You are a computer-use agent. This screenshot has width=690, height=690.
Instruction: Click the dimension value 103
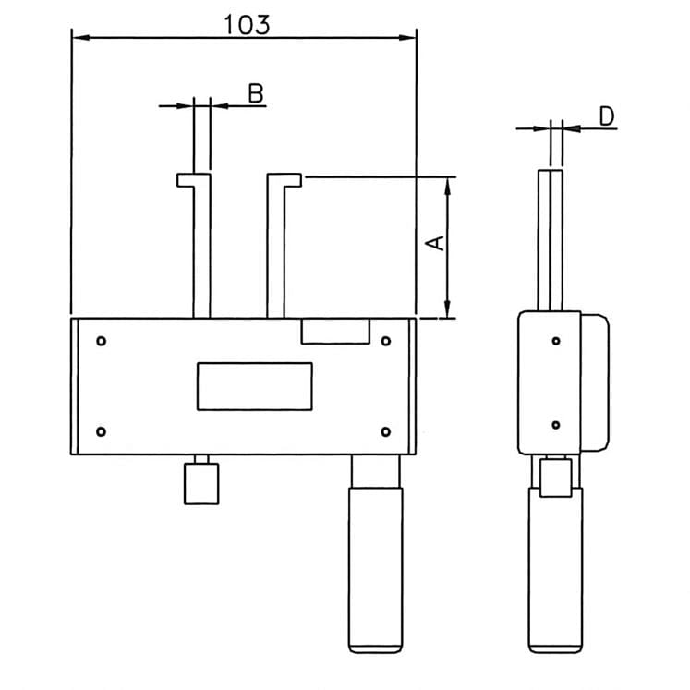click(x=247, y=24)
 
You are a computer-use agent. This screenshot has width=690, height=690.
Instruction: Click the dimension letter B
click(x=257, y=92)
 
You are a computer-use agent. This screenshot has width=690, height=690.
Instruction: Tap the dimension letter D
click(x=606, y=115)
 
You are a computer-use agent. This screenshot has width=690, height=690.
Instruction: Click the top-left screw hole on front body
click(x=102, y=341)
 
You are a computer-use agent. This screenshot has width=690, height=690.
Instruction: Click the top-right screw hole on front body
click(x=386, y=341)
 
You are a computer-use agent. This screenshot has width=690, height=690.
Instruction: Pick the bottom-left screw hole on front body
click(x=102, y=431)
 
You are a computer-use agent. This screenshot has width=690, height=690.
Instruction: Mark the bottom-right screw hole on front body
click(x=386, y=431)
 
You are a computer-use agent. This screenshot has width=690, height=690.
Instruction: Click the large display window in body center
click(x=254, y=386)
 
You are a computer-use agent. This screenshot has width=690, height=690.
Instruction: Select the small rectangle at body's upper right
click(x=336, y=332)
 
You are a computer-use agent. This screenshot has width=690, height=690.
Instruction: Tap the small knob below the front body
click(x=200, y=483)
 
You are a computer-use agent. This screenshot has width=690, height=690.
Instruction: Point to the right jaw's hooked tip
click(x=293, y=179)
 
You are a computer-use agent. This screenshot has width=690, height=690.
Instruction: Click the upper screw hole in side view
click(x=556, y=342)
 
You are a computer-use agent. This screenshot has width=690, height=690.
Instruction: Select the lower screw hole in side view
click(x=556, y=425)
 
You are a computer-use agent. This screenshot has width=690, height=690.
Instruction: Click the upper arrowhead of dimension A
click(x=447, y=183)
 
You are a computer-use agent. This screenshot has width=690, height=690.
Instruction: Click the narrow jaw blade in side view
click(x=553, y=240)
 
